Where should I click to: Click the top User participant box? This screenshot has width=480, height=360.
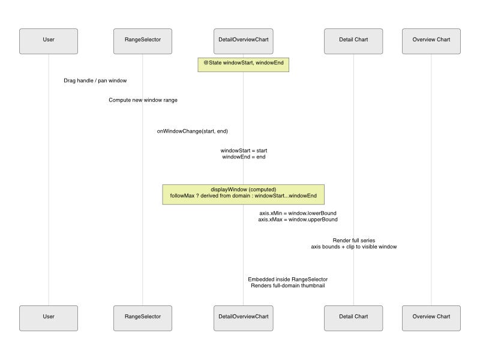click(49, 41)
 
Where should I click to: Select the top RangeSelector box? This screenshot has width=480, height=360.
click(143, 41)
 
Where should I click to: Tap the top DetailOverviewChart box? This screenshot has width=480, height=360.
click(244, 41)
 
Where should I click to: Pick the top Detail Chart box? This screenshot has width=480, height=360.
click(353, 41)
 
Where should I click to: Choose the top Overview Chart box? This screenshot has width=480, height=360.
click(431, 41)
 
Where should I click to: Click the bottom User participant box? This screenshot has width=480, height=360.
click(49, 319)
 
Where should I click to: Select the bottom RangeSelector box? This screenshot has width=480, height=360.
click(143, 319)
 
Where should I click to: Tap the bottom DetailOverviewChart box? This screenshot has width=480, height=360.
click(244, 319)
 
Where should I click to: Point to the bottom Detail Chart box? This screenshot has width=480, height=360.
click(353, 319)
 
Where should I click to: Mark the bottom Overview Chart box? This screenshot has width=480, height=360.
click(431, 319)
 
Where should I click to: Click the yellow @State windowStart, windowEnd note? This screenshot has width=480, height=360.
click(244, 65)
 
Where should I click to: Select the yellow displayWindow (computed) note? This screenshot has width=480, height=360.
click(244, 194)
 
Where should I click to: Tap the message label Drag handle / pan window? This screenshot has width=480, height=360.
click(95, 80)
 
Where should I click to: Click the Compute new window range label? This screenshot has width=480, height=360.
click(143, 100)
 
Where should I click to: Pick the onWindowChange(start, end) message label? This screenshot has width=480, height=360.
click(192, 131)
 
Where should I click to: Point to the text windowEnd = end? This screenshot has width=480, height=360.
click(244, 157)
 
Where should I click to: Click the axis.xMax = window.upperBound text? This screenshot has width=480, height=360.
click(298, 220)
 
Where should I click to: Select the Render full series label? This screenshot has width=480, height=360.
click(354, 241)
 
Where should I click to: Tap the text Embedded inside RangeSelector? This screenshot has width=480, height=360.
click(288, 280)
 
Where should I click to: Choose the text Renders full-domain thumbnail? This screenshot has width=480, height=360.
click(288, 286)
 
